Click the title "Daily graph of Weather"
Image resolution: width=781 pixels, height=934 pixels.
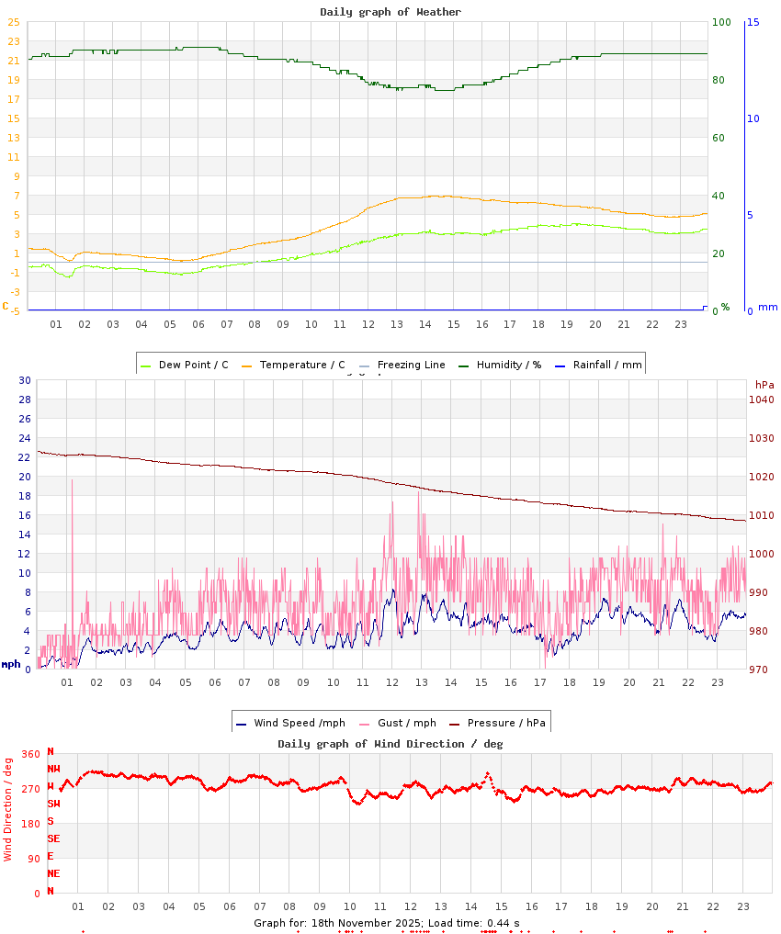(390, 12)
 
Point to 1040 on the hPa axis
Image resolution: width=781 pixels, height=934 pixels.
(762, 399)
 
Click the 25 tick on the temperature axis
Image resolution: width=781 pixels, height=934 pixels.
(14, 22)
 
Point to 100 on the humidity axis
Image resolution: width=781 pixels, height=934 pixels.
(721, 22)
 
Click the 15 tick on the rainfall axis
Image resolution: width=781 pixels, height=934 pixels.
(753, 22)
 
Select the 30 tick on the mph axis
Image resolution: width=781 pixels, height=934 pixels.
(25, 380)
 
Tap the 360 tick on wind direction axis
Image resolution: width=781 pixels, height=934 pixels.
(30, 754)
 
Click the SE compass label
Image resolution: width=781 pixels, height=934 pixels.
(54, 838)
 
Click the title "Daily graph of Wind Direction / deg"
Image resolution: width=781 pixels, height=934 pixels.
(390, 744)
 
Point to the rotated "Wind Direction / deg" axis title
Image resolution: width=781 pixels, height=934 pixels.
(8, 809)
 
